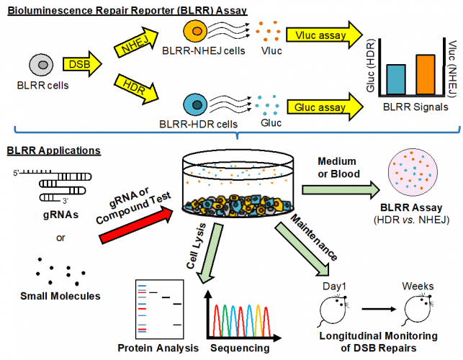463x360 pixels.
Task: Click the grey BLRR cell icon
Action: click(x=41, y=64)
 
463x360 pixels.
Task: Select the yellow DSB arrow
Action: click(x=82, y=64)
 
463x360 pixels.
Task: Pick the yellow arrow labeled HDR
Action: click(x=136, y=89)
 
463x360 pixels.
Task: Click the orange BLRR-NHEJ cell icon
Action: click(x=195, y=31)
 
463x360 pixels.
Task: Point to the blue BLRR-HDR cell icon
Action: click(x=195, y=105)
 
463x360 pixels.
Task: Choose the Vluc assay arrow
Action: click(x=324, y=35)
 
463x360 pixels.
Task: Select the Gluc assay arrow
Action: click(x=325, y=107)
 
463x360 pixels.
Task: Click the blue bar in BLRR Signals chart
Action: click(x=396, y=79)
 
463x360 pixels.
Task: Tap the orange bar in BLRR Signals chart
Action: click(x=426, y=74)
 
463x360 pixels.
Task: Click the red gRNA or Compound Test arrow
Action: click(x=137, y=225)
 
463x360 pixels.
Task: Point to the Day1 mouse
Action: click(x=333, y=310)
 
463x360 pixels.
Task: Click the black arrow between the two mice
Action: click(x=379, y=309)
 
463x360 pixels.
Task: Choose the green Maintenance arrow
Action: click(x=302, y=249)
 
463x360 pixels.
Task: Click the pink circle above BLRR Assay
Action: click(x=413, y=172)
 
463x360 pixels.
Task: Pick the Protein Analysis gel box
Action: click(x=159, y=309)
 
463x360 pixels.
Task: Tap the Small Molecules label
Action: click(x=60, y=296)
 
